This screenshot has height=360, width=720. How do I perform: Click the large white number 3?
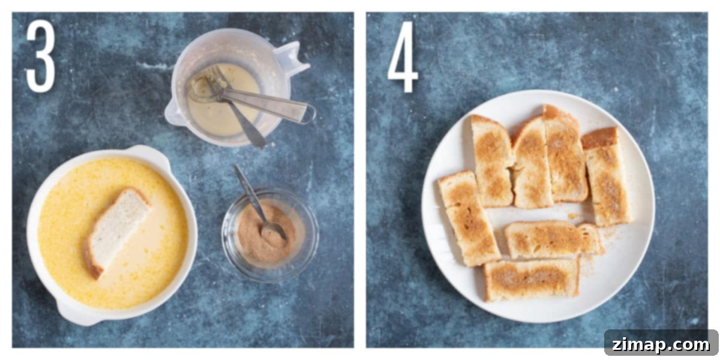click(41, 56)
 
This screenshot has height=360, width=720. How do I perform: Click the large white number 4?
click(403, 57)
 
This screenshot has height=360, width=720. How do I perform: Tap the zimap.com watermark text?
click(661, 345)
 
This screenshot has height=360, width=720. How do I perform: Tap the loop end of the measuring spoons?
click(308, 114)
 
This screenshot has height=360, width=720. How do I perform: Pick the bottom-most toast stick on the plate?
click(532, 279)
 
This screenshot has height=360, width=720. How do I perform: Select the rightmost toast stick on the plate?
click(606, 177)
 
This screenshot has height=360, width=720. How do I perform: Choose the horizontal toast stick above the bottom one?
click(553, 239)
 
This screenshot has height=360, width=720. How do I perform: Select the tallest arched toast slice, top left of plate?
click(492, 161)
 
